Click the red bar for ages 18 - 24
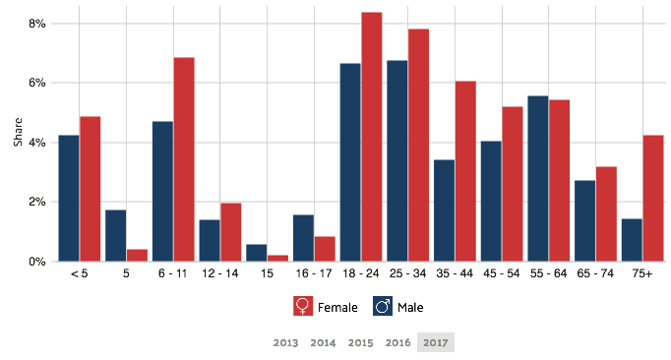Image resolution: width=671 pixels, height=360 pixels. tap(372, 137)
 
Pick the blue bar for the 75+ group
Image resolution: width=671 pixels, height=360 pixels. tap(631, 240)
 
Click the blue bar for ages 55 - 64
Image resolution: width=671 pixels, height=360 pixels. tap(537, 178)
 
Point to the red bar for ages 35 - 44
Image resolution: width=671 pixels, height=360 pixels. tap(465, 171)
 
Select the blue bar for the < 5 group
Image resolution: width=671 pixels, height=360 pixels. tap(68, 198)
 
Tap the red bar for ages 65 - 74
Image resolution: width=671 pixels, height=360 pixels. tap(606, 213)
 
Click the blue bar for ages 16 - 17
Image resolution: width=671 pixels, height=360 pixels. tap(302, 238)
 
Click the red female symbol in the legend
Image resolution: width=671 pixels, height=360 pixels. tap(303, 307)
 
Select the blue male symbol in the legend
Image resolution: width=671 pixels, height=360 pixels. tap(383, 307)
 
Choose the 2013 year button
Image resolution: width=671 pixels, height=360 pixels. tap(285, 342)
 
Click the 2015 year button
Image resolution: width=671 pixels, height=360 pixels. tap(360, 342)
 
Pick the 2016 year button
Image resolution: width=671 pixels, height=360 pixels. tap(397, 342)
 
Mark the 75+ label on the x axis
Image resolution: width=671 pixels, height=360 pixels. tap(641, 273)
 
